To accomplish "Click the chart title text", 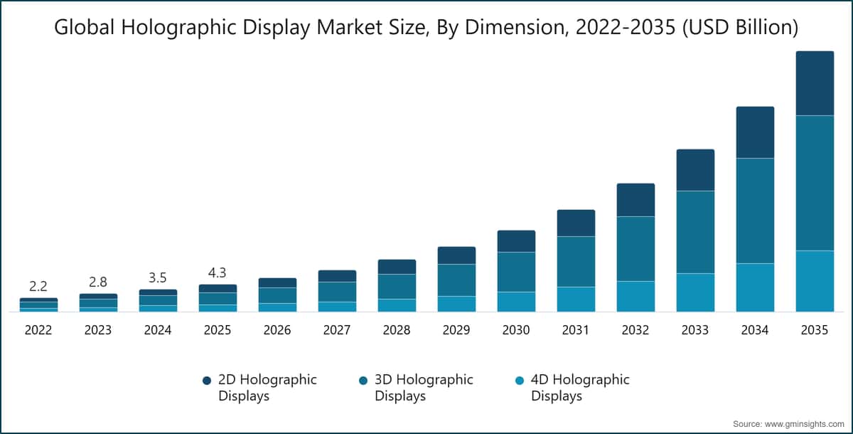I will pyautogui.click(x=426, y=28).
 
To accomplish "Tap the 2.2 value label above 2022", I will pyautogui.click(x=38, y=286).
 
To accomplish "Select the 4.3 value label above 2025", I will pyautogui.click(x=218, y=272).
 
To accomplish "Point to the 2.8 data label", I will pyautogui.click(x=98, y=282).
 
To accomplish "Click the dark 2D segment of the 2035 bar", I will pyautogui.click(x=815, y=83).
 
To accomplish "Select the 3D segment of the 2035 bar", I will pyautogui.click(x=815, y=183).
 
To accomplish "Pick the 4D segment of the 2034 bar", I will pyautogui.click(x=755, y=287).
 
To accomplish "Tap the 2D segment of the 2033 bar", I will pyautogui.click(x=695, y=170).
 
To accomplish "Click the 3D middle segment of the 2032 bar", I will pyautogui.click(x=635, y=249).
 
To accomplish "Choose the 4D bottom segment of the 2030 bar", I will pyautogui.click(x=516, y=302).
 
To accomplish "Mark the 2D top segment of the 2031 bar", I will pyautogui.click(x=576, y=223).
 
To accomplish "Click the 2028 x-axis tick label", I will pyautogui.click(x=397, y=331).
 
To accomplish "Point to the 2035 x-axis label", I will pyautogui.click(x=815, y=331).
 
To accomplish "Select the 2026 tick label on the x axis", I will pyautogui.click(x=277, y=331).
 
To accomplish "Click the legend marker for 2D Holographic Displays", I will pyautogui.click(x=207, y=381).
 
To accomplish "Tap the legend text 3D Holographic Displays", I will pyautogui.click(x=424, y=388).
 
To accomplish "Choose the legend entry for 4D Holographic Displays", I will pyautogui.click(x=580, y=388).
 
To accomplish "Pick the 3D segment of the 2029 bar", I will pyautogui.click(x=456, y=280).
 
